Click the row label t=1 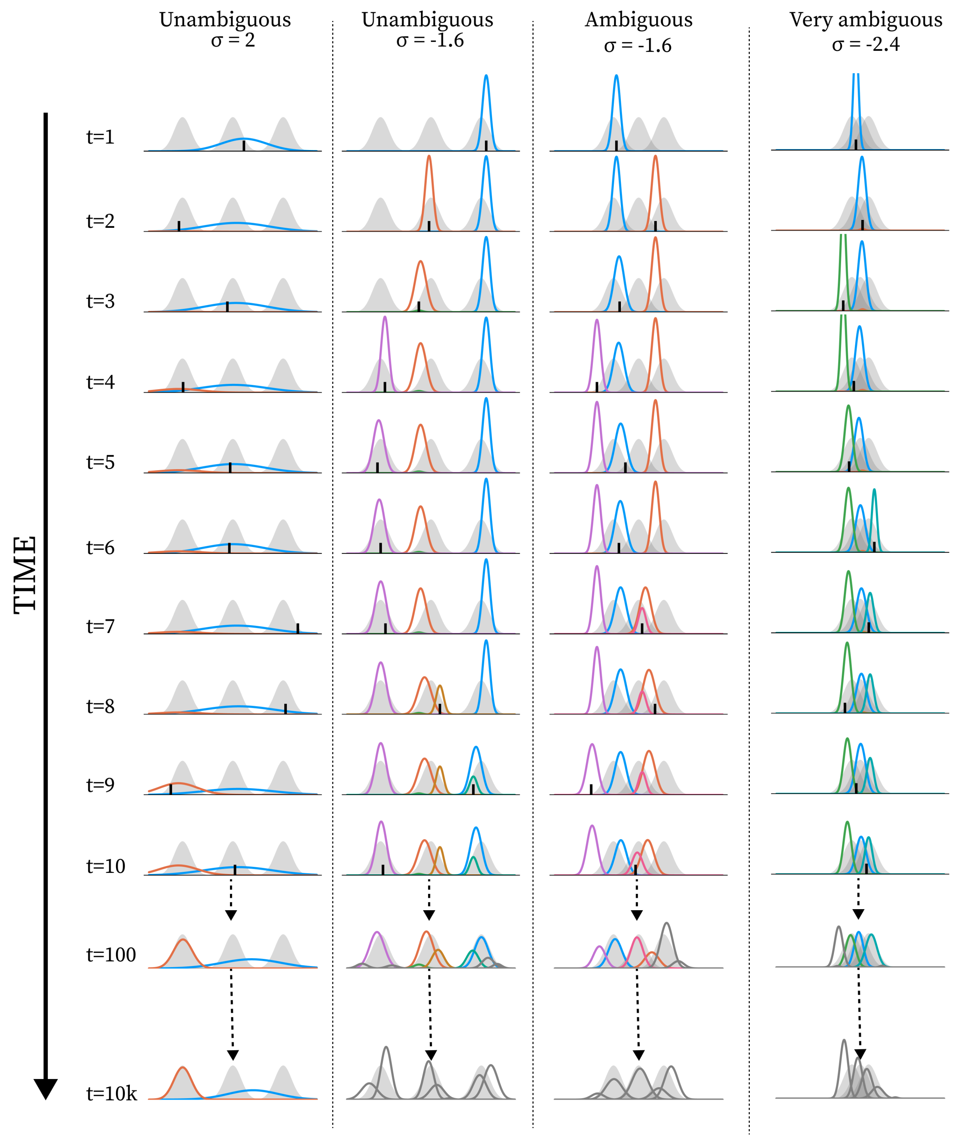click(100, 137)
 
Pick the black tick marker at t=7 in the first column click(298, 628)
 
